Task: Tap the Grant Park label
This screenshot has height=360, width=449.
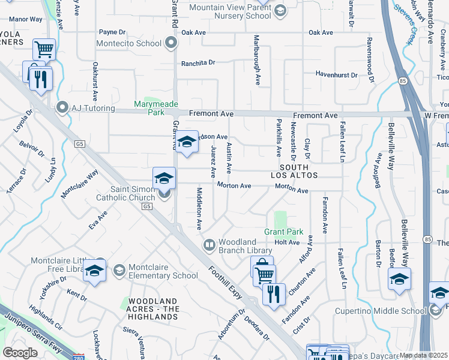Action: pos(284,232)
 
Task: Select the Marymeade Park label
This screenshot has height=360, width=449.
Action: pos(148,108)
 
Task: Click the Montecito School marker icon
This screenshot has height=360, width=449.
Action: pos(172,43)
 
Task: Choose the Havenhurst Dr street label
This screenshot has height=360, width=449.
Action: pos(337,75)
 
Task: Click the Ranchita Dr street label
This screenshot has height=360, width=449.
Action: pos(198,62)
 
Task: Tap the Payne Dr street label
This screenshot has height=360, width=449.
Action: pos(112,32)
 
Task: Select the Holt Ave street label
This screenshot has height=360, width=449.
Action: pos(286,242)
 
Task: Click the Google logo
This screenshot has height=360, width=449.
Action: pos(20,352)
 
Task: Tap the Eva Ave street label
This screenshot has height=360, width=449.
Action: pos(98,220)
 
